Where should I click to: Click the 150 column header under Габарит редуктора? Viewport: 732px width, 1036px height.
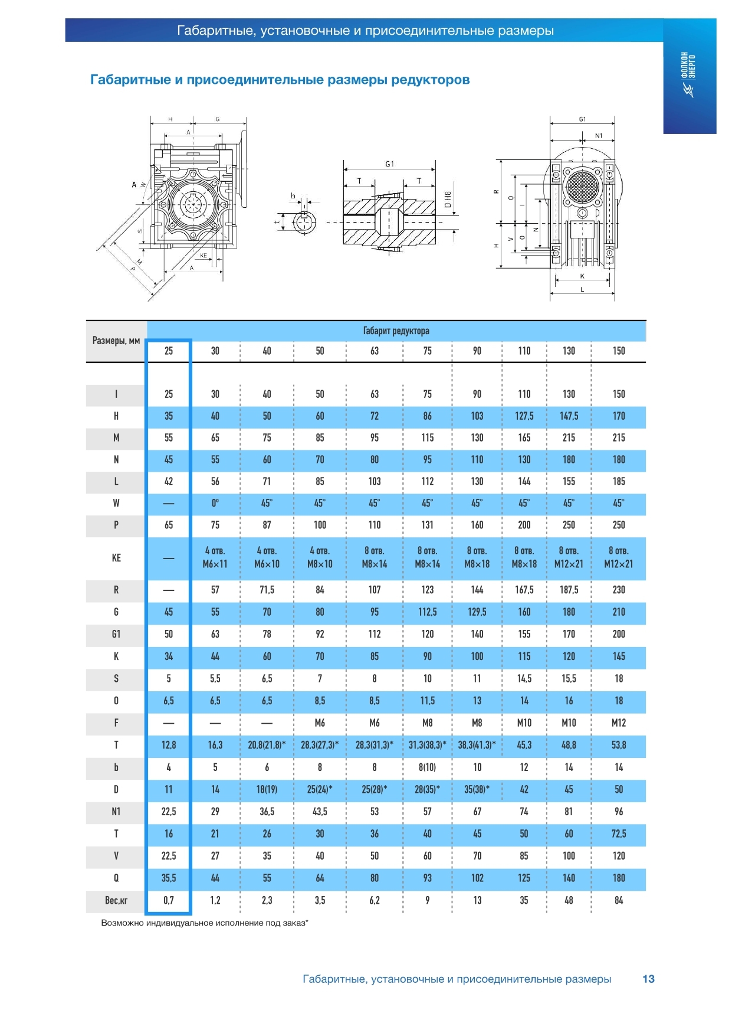pos(618,351)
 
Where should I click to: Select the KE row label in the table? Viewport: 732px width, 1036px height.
pos(116,558)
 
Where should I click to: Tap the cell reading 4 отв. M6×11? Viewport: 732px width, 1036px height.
pos(215,557)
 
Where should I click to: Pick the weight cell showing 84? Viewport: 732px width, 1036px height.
pos(618,900)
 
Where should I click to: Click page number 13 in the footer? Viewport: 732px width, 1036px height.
pos(648,979)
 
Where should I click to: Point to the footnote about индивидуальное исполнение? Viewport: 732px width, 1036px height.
pos(205,923)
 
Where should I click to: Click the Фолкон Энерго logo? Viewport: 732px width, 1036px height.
pos(689,74)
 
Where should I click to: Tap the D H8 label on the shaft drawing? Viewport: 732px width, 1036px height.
pos(447,200)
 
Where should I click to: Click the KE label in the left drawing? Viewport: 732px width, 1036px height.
pos(203,256)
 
